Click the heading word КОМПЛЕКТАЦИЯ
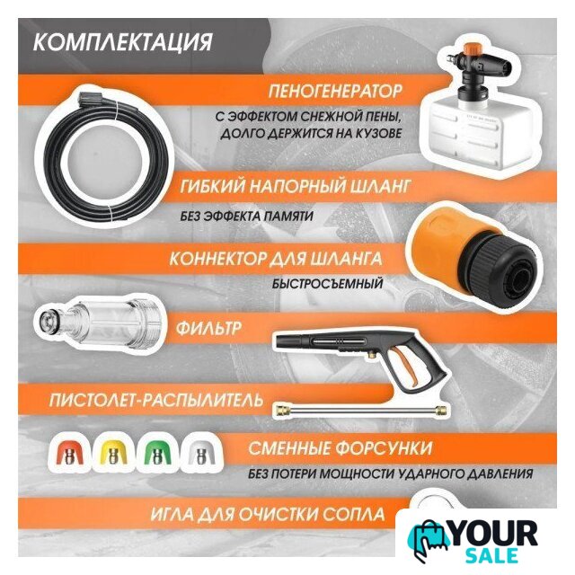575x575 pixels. (x=122, y=42)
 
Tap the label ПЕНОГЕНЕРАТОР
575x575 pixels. (x=335, y=91)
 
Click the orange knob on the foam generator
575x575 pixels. (x=472, y=49)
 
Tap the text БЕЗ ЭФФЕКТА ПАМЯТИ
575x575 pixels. (x=247, y=216)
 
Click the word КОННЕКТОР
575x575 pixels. (x=217, y=259)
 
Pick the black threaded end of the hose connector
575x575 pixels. (x=501, y=271)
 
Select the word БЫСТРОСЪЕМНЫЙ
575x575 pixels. (x=327, y=284)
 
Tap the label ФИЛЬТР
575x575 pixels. (x=208, y=327)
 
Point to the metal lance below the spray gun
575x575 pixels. (x=361, y=409)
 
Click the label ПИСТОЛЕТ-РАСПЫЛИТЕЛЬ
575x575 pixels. (x=156, y=400)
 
